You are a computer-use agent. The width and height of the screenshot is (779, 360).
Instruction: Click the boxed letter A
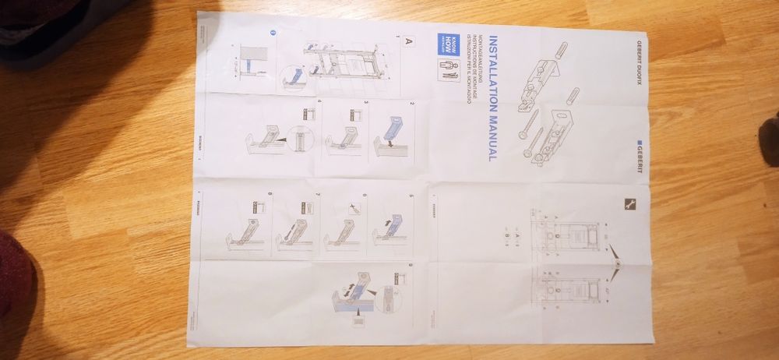pos(408,46)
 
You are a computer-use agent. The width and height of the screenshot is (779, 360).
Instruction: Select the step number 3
pos(367,103)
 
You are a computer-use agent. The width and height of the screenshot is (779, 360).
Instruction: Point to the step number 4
pos(321,103)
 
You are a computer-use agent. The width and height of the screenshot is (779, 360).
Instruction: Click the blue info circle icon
pos(273,33)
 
